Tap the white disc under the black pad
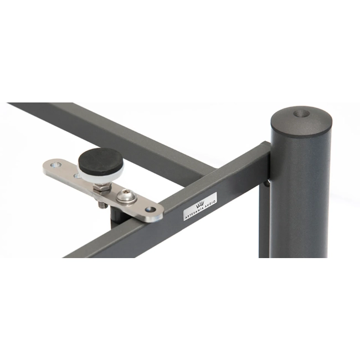101,174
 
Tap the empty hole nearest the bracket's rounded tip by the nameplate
151,209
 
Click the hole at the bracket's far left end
56,164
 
